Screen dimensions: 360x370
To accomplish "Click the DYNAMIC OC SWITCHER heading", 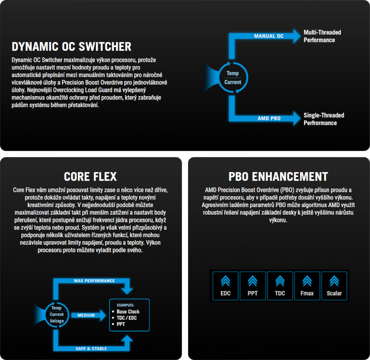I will point(72,46).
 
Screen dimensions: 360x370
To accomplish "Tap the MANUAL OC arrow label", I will point(269,36).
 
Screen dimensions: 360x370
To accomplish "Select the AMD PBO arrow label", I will point(269,119).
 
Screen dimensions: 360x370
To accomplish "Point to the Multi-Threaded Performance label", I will point(322,36).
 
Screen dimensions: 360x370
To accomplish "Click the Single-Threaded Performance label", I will point(324,119).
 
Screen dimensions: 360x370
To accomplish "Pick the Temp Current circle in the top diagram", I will point(233,78).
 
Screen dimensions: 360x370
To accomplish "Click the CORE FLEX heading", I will point(90,176).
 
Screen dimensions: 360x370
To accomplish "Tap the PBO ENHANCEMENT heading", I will point(278,176).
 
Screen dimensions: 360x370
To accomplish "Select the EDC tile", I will point(225,286).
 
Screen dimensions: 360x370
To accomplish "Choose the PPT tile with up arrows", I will point(253,286).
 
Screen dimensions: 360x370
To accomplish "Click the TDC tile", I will point(280,286).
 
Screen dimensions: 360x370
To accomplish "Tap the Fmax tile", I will point(307,286).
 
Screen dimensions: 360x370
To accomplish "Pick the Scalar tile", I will point(334,286).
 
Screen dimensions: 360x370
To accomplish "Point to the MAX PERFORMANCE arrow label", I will point(94,281).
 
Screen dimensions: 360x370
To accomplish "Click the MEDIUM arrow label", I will point(86,315).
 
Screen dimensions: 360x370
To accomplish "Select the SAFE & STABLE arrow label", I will point(91,349).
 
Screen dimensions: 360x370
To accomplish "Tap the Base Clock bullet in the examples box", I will point(128,312).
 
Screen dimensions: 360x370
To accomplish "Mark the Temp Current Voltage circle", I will point(56,314).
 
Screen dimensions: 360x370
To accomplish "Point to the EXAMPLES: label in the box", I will point(125,305).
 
